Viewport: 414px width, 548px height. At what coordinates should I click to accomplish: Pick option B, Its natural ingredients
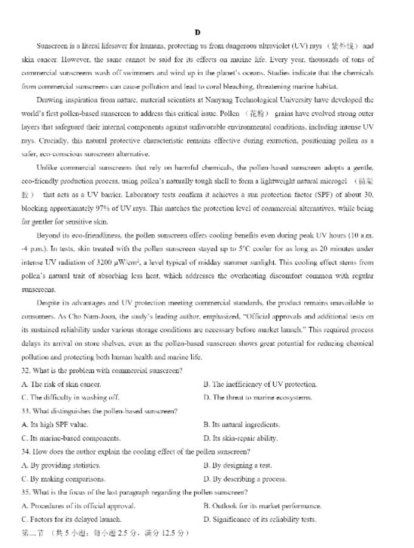241,425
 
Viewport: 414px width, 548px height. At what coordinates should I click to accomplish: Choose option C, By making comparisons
63,479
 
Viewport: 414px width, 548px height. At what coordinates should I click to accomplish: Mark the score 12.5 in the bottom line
173,533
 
